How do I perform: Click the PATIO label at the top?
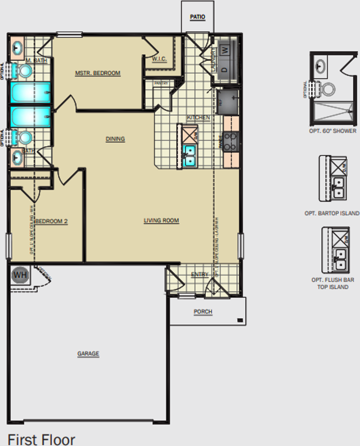[197, 17]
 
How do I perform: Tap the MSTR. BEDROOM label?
[98, 73]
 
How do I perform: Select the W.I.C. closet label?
[159, 59]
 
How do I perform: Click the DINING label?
[115, 139]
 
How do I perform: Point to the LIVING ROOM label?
[161, 221]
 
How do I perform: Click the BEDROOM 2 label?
[52, 222]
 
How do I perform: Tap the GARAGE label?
[88, 354]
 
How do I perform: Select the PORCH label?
[203, 311]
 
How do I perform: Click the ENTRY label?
[200, 275]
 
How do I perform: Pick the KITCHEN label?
[198, 118]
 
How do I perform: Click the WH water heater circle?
[20, 275]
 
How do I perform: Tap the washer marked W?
[225, 49]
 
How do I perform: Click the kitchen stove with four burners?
[231, 141]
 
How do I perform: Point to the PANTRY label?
[161, 83]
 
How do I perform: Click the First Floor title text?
[41, 439]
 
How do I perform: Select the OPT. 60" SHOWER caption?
[333, 131]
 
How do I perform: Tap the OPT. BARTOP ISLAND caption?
[332, 213]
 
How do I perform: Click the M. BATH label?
[36, 60]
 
